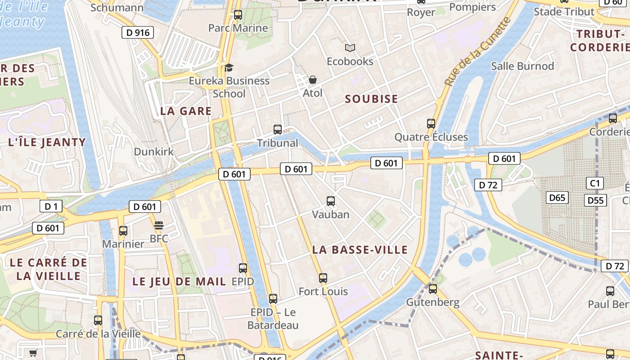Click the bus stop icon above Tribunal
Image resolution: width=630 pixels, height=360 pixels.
tap(278, 130)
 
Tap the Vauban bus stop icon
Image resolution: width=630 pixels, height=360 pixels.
tap(331, 201)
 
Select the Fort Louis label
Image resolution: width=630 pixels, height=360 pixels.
tap(323, 292)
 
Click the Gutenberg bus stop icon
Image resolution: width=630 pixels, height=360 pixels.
tap(433, 288)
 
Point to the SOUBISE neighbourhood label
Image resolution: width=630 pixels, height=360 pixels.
tap(371, 99)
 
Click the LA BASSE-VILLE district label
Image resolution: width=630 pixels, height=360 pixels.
tap(360, 250)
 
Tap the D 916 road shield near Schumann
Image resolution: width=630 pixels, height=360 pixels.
tap(138, 32)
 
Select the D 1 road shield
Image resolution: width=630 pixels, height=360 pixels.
tap(51, 207)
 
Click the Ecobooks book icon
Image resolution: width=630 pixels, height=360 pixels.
tap(350, 48)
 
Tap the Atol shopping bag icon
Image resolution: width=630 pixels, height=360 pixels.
tap(313, 80)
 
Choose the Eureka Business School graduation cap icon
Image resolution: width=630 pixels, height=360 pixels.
tap(229, 68)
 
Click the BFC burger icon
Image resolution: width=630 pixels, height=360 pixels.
tap(158, 225)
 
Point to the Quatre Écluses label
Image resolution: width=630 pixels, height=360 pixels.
tap(431, 137)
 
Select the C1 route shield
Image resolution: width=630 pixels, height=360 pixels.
tap(595, 183)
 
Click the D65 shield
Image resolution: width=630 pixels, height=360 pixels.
tap(558, 198)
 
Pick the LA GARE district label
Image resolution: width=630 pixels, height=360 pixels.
tap(186, 111)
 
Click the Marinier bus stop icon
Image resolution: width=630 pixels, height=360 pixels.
tap(123, 231)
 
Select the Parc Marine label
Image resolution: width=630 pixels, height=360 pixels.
tap(238, 28)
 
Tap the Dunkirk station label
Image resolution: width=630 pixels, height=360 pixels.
tap(153, 152)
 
